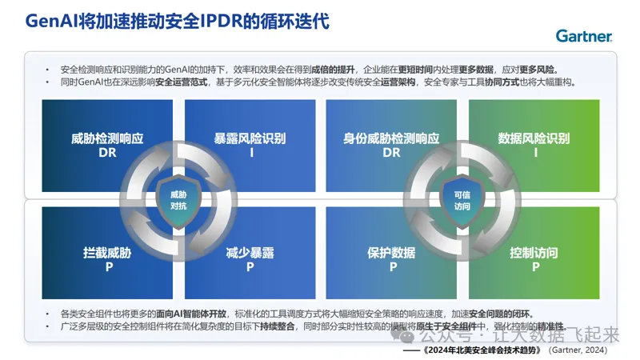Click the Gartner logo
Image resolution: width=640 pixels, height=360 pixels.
pos(584,36)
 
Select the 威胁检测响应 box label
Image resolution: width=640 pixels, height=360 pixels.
pos(106,138)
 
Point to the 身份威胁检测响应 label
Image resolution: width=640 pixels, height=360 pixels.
pos(391,138)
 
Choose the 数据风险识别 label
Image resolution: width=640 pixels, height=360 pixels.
pos(534,138)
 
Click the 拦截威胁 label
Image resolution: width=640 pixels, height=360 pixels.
pos(106,253)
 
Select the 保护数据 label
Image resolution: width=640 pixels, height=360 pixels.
pos(391,253)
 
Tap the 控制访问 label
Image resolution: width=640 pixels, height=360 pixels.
pos(534,253)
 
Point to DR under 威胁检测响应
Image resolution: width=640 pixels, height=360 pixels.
pos(106,153)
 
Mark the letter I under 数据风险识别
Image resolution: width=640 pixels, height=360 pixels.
pos(534,153)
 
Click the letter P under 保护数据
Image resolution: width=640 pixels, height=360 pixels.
pos(391,267)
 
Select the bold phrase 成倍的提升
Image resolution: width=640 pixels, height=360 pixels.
pos(330,70)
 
